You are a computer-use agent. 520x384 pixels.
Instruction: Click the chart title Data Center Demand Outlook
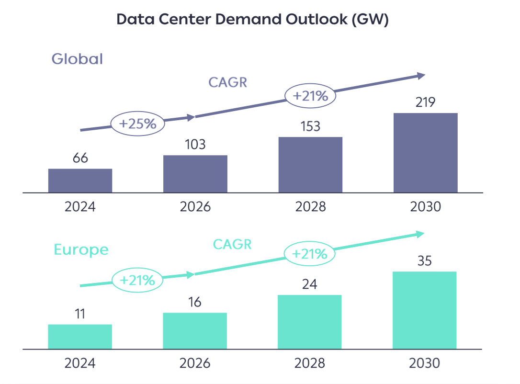[x=252, y=19]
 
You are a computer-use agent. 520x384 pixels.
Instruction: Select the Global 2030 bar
[x=425, y=153]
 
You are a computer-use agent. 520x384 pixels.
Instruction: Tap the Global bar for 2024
[x=80, y=181]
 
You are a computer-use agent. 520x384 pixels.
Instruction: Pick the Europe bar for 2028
[x=309, y=322]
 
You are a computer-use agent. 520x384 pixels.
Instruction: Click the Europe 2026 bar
[x=194, y=331]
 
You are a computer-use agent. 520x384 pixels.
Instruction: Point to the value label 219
[x=425, y=102]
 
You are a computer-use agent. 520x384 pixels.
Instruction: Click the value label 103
[x=195, y=144]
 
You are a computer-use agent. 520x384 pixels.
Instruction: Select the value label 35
[x=424, y=261]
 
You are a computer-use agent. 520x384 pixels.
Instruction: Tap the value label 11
[x=80, y=314]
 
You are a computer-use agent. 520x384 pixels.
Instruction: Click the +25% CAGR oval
[x=138, y=124]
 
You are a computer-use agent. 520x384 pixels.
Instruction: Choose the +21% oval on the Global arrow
[x=310, y=96]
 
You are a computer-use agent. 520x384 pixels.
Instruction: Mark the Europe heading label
[x=81, y=249]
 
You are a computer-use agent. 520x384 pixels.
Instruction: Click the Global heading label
[x=77, y=59]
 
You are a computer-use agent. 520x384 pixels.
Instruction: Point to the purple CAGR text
[x=227, y=82]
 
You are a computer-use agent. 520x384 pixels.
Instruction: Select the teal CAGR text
[x=232, y=244]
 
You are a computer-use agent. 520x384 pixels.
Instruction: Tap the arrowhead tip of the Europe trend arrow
[x=424, y=234]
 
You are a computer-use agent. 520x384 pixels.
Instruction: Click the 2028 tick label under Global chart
[x=310, y=207]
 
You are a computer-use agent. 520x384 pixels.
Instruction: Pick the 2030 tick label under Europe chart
[x=424, y=363]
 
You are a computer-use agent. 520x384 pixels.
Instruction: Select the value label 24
[x=309, y=285]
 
